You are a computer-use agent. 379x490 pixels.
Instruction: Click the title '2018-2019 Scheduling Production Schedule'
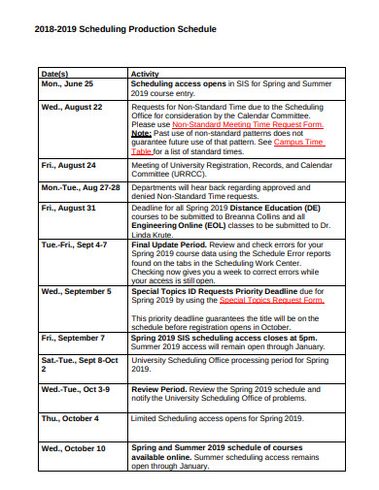(x=125, y=29)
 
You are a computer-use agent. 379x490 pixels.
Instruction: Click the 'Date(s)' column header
(x=54, y=74)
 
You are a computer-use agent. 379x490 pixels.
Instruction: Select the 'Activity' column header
(x=145, y=74)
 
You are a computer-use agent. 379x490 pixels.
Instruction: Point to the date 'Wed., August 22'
(x=72, y=107)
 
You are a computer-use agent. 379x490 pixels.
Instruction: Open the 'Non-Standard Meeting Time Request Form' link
(x=248, y=125)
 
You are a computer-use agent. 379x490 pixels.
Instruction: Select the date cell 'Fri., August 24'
(x=69, y=166)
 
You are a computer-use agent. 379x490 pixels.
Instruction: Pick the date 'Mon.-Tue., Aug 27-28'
(x=81, y=187)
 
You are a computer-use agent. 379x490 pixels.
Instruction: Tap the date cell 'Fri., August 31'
(x=69, y=209)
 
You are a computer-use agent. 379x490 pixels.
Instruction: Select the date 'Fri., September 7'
(x=73, y=338)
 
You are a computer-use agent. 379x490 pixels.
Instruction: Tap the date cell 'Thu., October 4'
(x=70, y=418)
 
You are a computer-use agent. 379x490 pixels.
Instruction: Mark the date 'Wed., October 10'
(x=74, y=448)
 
